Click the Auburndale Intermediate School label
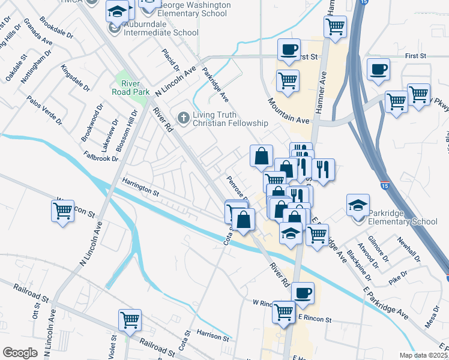point(161,33)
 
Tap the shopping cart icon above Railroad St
point(130,320)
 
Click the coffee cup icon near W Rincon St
point(303,292)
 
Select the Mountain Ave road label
point(288,112)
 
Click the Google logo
point(20,352)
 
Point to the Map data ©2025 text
point(423,355)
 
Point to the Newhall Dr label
point(410,248)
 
